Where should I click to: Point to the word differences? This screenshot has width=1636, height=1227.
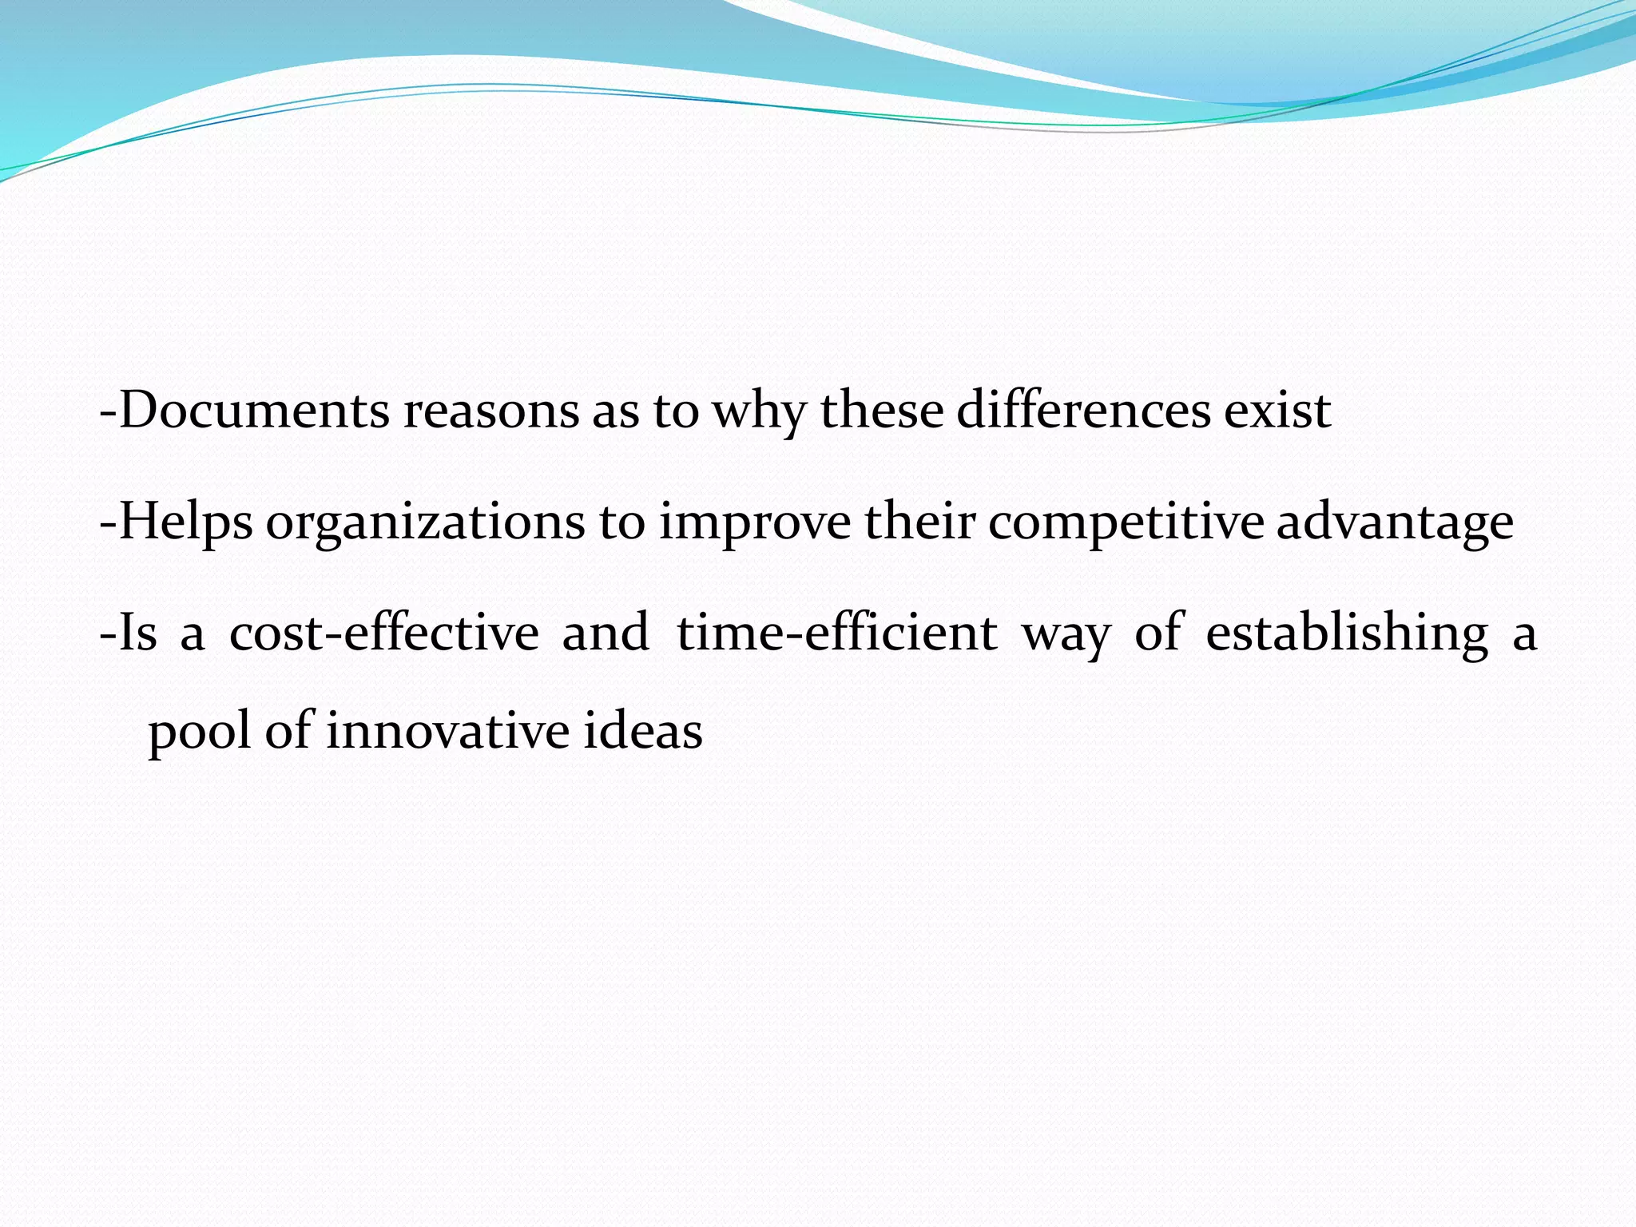[1083, 411]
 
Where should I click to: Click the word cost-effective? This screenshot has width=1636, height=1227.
[384, 633]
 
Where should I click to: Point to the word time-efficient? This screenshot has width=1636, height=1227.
[837, 633]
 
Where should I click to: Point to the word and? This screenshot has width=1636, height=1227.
[606, 633]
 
